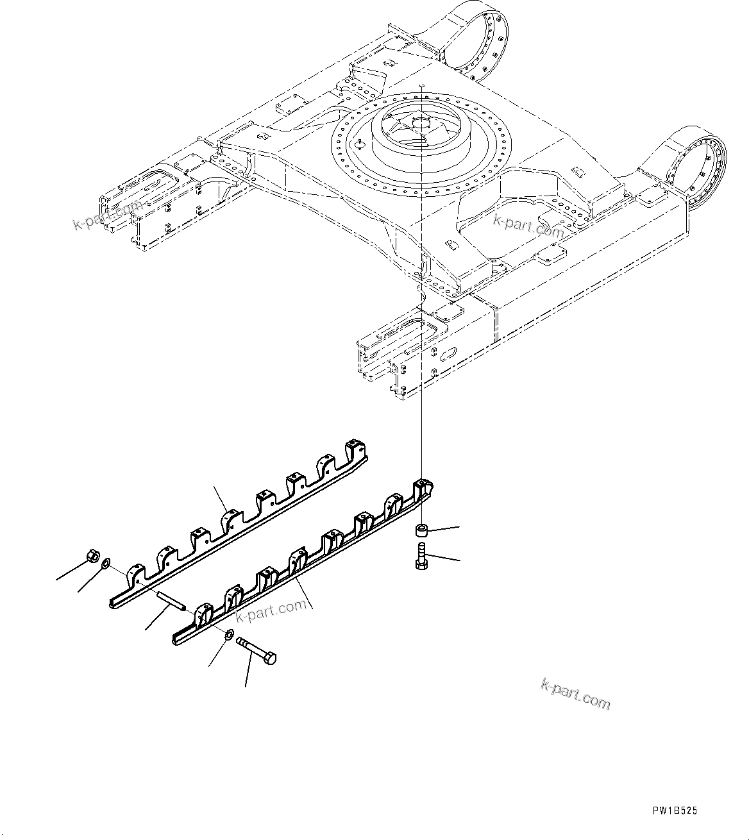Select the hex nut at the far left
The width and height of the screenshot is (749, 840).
[92, 555]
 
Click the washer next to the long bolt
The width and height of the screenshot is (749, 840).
[229, 634]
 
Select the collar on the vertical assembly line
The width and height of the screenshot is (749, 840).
[421, 530]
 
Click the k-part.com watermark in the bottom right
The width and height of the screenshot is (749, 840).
[575, 694]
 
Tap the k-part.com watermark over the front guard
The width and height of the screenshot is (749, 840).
[271, 610]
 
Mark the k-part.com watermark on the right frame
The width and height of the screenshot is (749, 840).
[528, 225]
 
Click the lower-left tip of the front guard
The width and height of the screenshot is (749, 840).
[178, 639]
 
